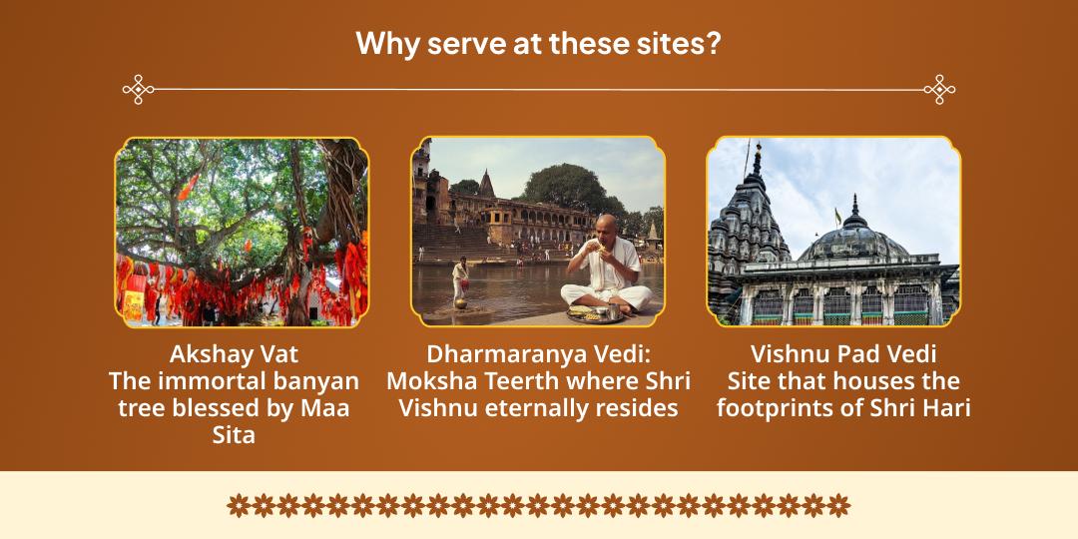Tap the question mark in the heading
click(x=715, y=43)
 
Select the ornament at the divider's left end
click(x=138, y=90)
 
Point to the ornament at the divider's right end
click(x=939, y=90)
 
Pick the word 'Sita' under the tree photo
click(x=234, y=434)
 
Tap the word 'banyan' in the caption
click(x=314, y=380)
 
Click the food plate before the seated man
click(x=594, y=314)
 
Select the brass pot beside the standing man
click(x=460, y=302)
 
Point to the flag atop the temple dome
click(x=838, y=216)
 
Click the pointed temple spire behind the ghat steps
click(x=487, y=185)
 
